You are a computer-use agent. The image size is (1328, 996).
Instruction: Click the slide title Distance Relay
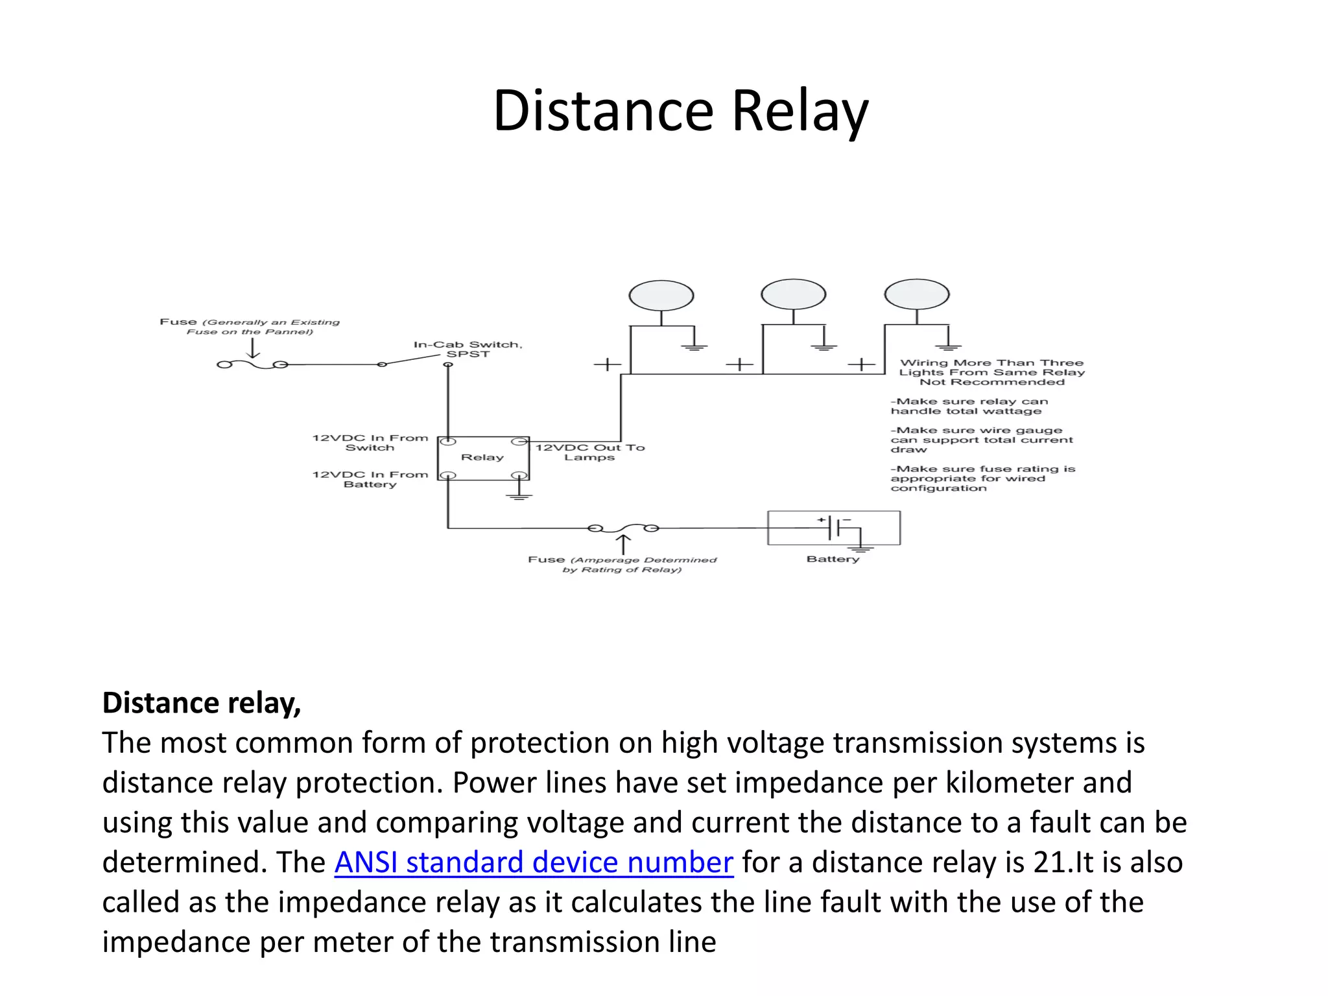(x=680, y=112)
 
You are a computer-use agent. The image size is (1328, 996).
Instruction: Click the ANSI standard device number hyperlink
(x=534, y=862)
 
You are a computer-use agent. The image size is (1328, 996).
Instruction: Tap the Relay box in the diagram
(x=483, y=458)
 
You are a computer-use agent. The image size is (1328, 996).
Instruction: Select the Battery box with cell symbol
(x=833, y=528)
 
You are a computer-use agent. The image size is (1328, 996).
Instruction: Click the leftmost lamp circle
(x=661, y=296)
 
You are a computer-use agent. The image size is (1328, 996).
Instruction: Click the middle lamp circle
(x=793, y=294)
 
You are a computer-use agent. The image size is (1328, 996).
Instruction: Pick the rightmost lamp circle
(x=916, y=294)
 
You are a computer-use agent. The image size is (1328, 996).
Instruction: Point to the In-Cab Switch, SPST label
(x=468, y=349)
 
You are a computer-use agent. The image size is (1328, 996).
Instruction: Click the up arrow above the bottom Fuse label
(x=622, y=544)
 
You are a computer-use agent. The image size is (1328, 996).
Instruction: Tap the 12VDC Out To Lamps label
(x=589, y=452)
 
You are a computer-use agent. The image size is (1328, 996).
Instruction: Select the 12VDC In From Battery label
(x=370, y=479)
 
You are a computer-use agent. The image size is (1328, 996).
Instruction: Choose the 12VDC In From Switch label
(x=370, y=442)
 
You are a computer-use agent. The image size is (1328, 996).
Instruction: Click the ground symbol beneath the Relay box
(x=519, y=495)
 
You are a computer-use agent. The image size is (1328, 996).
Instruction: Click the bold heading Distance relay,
(x=202, y=703)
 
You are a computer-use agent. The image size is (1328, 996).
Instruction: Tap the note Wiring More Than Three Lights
(x=991, y=372)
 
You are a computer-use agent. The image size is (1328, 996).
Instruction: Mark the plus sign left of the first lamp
(x=607, y=364)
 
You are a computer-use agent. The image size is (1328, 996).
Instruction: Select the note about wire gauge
(x=981, y=440)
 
